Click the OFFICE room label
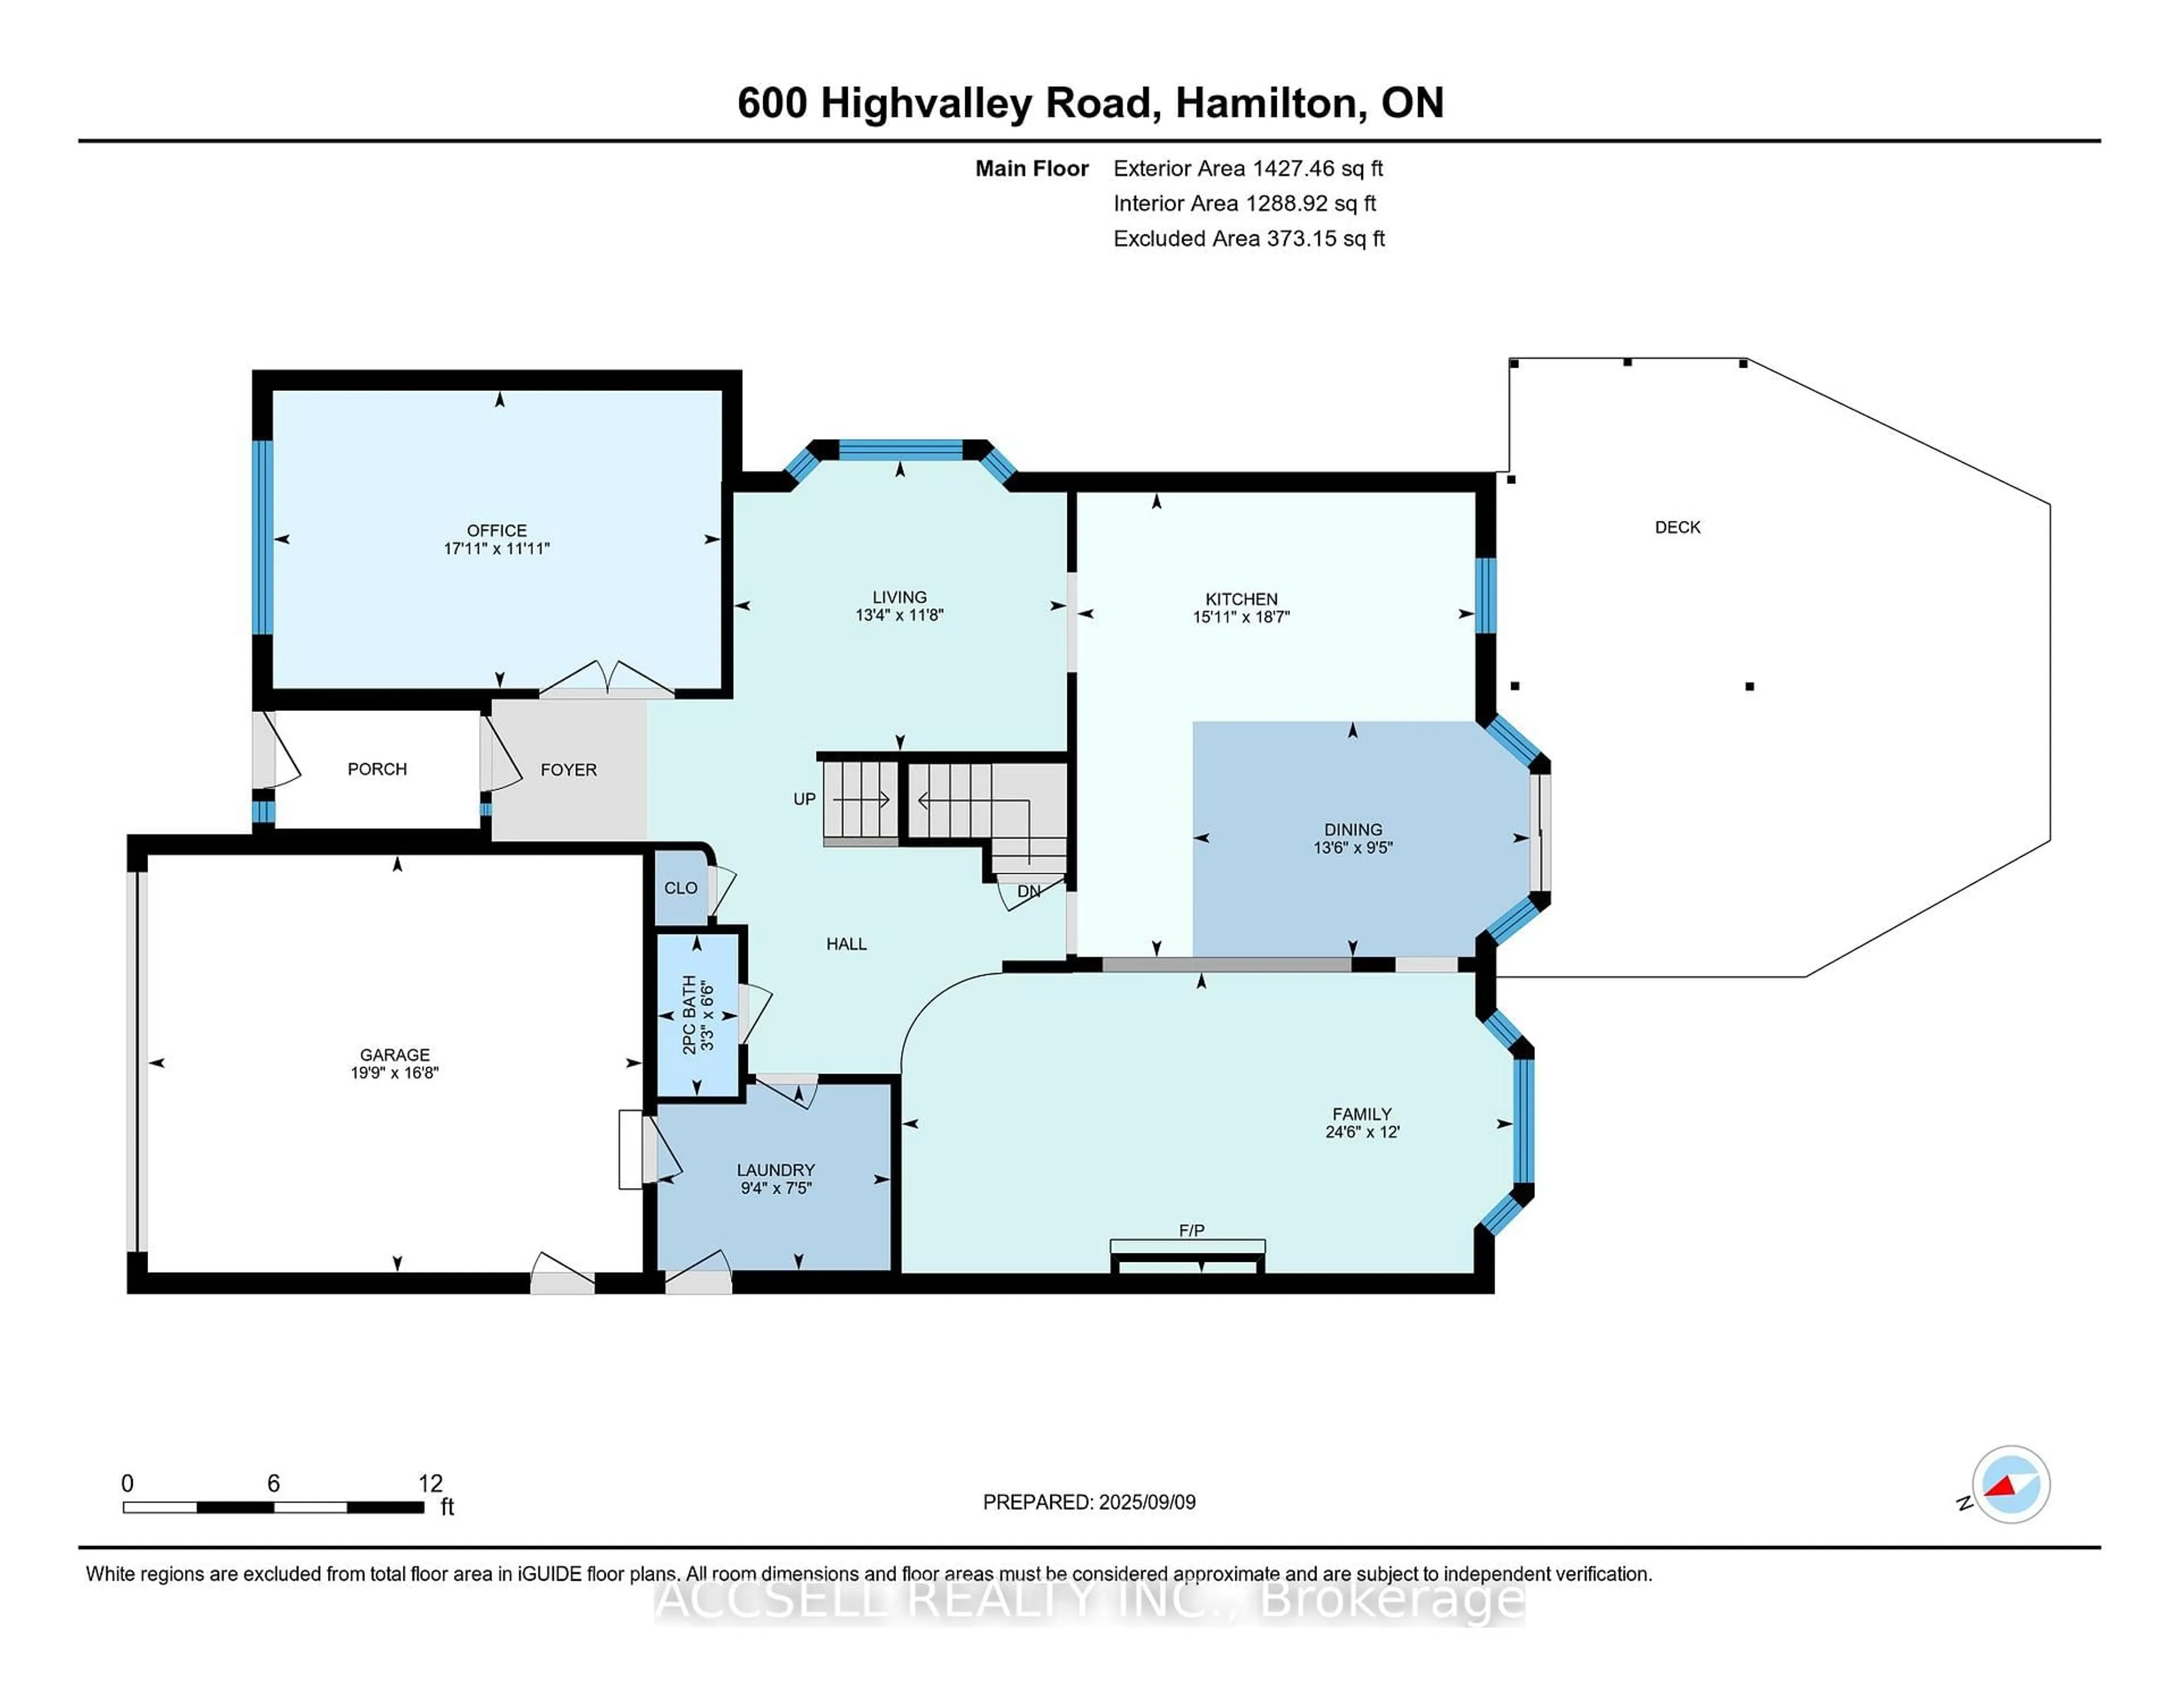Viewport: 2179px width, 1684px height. tap(497, 530)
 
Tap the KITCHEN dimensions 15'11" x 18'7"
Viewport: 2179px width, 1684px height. tap(1241, 617)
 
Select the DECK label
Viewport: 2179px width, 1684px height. tap(1677, 527)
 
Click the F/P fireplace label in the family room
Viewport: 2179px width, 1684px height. tap(1191, 1230)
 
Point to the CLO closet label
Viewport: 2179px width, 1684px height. tap(680, 888)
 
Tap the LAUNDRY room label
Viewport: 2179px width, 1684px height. tap(775, 1169)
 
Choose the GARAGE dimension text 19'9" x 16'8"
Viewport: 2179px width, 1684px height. tap(394, 1072)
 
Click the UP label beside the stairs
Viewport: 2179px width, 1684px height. tap(804, 799)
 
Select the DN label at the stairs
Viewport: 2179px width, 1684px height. tap(1029, 891)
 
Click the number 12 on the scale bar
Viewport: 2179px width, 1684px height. tap(430, 1484)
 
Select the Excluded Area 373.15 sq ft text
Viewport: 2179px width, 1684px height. tap(1248, 238)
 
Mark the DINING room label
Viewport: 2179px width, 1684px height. tap(1353, 829)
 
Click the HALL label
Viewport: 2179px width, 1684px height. tap(846, 944)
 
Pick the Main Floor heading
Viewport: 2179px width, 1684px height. tap(1032, 169)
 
